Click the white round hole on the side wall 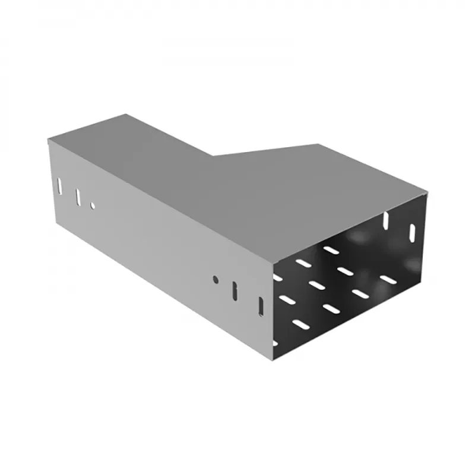(93, 205)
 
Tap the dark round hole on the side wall (216, 278)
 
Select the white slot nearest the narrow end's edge (60, 185)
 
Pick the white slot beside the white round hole (77, 196)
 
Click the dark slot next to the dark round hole (235, 290)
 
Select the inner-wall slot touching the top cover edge (387, 220)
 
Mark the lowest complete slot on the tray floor (302, 325)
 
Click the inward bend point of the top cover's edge (213, 156)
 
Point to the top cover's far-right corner (426, 191)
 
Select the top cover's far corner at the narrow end (125, 115)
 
